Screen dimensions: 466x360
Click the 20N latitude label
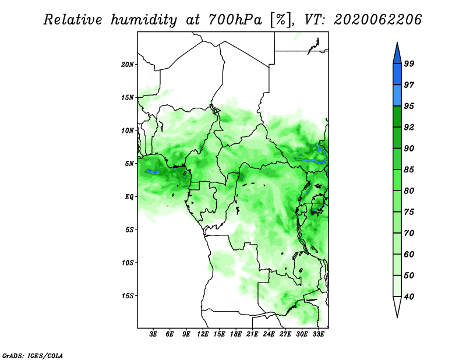[128, 65]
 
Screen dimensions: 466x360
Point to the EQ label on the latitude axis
[129, 197]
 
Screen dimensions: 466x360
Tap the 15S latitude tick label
[128, 296]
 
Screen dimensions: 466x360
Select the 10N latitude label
[128, 130]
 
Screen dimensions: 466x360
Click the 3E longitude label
[153, 334]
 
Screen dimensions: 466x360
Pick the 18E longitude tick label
[236, 334]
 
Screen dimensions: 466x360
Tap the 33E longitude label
[318, 334]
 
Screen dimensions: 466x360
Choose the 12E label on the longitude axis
[203, 334]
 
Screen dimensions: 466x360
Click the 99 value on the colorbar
[409, 63]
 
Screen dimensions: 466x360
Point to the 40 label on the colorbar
[409, 297]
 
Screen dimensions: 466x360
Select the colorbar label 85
[409, 170]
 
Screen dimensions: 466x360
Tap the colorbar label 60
[409, 254]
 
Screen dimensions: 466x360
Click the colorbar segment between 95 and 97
[397, 96]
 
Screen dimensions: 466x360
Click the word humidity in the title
[144, 20]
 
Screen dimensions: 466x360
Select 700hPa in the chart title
[235, 20]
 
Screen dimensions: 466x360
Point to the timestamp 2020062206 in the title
[377, 20]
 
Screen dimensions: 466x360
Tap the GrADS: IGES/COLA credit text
[33, 355]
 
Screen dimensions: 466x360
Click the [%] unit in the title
[281, 20]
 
